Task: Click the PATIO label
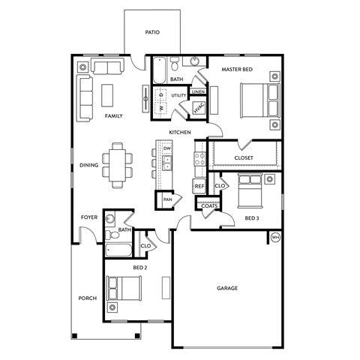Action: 151,33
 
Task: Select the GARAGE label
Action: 227,288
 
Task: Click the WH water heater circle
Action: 274,238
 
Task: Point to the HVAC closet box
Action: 198,109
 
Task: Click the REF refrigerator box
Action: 199,187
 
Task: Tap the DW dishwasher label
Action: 167,148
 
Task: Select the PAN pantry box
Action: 167,199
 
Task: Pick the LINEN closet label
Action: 198,91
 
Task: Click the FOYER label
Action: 89,217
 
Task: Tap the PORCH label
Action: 87,298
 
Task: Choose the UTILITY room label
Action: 178,96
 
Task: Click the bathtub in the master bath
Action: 160,72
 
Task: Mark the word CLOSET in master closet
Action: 244,158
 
